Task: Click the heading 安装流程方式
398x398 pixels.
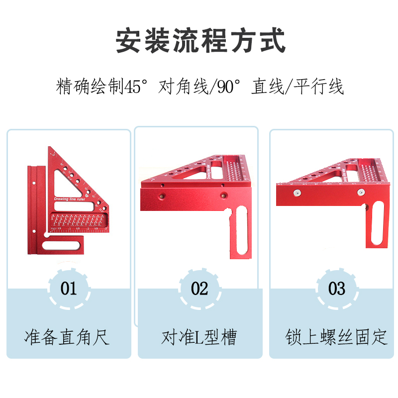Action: (200, 41)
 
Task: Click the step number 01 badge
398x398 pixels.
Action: (69, 288)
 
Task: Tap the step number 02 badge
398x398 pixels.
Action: (199, 289)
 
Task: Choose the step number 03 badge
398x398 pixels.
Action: (337, 289)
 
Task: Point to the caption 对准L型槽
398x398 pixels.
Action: (199, 337)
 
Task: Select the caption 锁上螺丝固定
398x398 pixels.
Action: (336, 337)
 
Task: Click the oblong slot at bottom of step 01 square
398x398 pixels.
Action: (64, 244)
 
